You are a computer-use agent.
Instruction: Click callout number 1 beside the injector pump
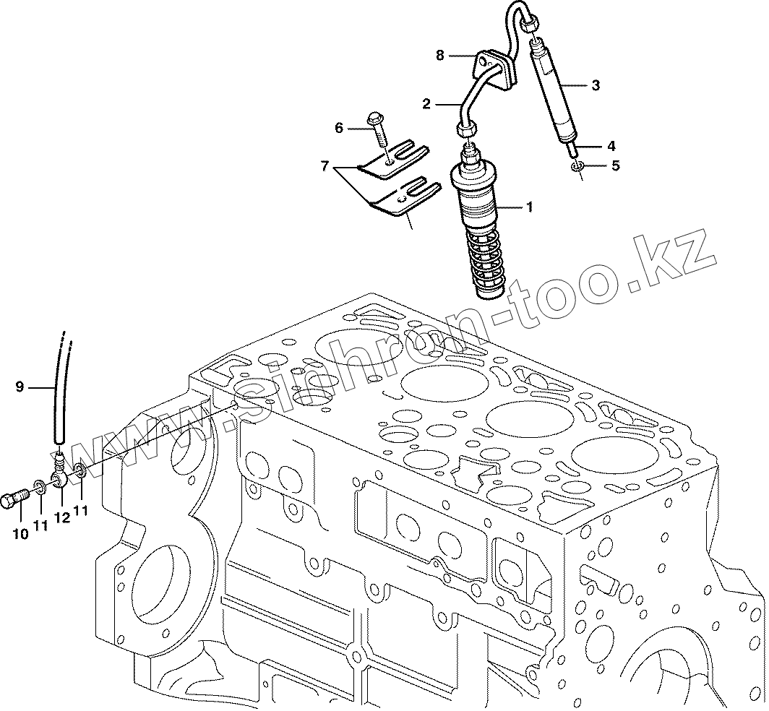click(530, 207)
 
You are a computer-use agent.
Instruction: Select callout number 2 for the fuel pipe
click(426, 104)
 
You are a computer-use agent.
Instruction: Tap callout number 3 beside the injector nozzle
click(595, 85)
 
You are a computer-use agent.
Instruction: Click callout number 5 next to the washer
click(615, 165)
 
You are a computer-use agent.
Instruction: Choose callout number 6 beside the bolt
click(338, 128)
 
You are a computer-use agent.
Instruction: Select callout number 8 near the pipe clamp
click(439, 55)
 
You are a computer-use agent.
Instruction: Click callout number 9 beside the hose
click(20, 387)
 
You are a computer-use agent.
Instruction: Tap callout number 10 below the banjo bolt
click(20, 534)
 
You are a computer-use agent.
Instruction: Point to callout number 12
click(62, 517)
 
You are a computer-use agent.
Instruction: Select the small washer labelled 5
click(577, 168)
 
